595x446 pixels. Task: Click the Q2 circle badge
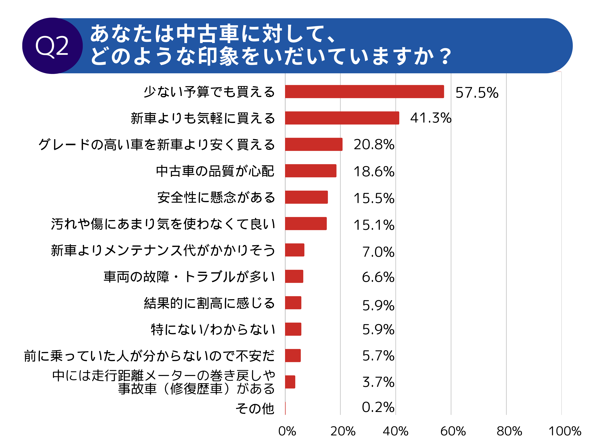52,46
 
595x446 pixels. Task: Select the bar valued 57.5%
364,92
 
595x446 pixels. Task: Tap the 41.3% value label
430,118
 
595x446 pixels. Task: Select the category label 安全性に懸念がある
216,197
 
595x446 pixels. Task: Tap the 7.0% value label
378,252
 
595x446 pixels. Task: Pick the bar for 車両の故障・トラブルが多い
294,276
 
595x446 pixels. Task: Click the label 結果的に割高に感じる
209,303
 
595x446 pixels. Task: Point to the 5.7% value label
378,356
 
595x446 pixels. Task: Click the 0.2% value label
378,407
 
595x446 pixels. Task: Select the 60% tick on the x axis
453,431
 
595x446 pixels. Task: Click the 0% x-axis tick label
287,431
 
